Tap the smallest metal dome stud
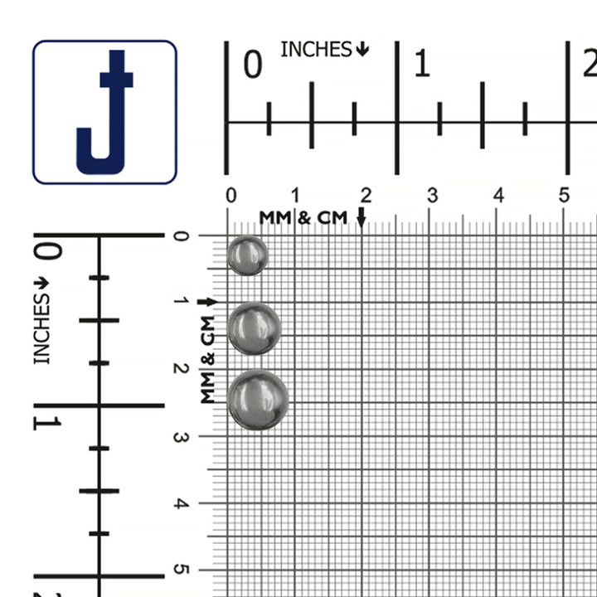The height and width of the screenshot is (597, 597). click(x=247, y=255)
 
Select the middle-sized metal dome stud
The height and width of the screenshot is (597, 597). click(x=254, y=328)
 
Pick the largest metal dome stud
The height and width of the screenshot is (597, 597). click(x=258, y=400)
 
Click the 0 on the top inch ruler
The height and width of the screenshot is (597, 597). click(x=253, y=65)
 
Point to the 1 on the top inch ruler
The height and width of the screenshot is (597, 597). click(x=422, y=65)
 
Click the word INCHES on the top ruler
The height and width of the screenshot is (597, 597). click(x=316, y=50)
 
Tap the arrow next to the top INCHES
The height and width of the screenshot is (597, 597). click(x=362, y=49)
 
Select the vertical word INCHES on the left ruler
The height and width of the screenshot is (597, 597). click(x=41, y=329)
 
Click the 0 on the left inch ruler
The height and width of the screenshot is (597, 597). click(x=47, y=251)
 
